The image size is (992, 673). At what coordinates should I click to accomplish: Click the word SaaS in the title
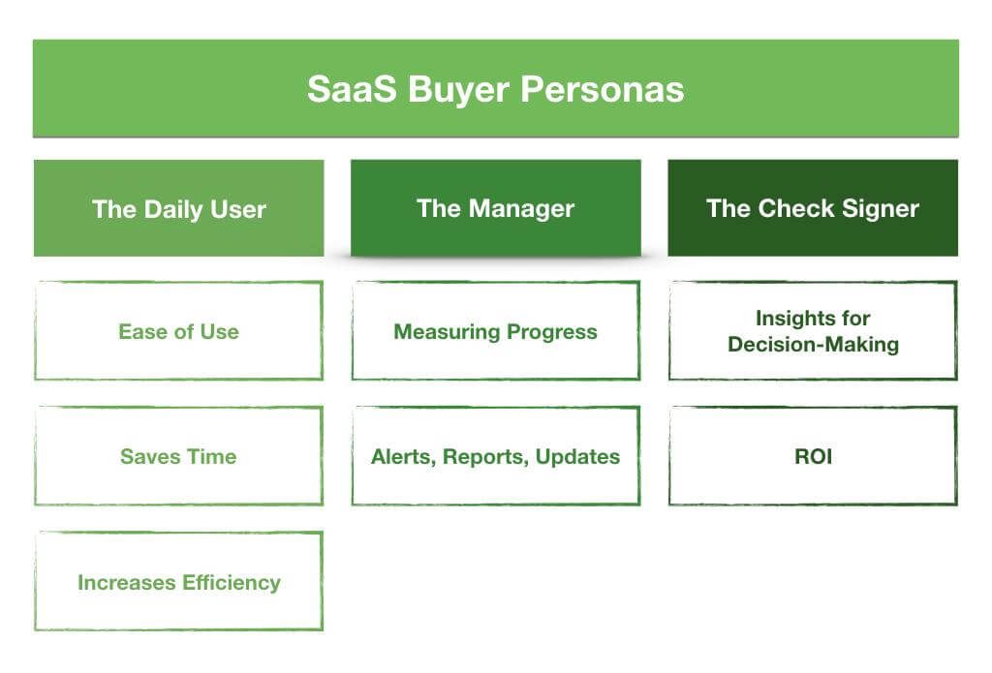click(x=352, y=89)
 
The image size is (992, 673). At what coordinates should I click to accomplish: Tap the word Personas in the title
click(x=603, y=89)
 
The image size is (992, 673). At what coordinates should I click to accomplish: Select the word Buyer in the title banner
click(x=458, y=90)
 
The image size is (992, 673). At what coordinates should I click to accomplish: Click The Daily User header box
click(x=179, y=208)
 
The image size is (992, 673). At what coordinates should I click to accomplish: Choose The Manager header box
click(x=496, y=208)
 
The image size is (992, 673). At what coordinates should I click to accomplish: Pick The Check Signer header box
click(x=813, y=208)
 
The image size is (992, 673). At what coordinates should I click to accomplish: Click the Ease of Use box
click(x=179, y=331)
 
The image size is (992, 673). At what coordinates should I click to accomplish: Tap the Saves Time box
click(x=179, y=456)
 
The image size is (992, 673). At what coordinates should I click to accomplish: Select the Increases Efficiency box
click(x=179, y=581)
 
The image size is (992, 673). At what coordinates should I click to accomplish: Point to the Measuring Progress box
click(x=496, y=331)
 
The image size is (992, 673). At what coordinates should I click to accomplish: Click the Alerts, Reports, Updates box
click(x=496, y=456)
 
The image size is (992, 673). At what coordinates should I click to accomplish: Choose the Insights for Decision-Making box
click(x=813, y=331)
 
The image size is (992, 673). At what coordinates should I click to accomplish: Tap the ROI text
click(x=814, y=457)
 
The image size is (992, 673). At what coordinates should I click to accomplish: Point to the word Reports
click(x=486, y=457)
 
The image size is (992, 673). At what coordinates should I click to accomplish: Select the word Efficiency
click(x=231, y=583)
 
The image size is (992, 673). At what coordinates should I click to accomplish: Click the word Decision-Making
click(x=814, y=345)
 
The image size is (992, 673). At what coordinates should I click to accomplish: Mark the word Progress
click(x=552, y=332)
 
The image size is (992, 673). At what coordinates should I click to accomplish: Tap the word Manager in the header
click(x=521, y=209)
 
